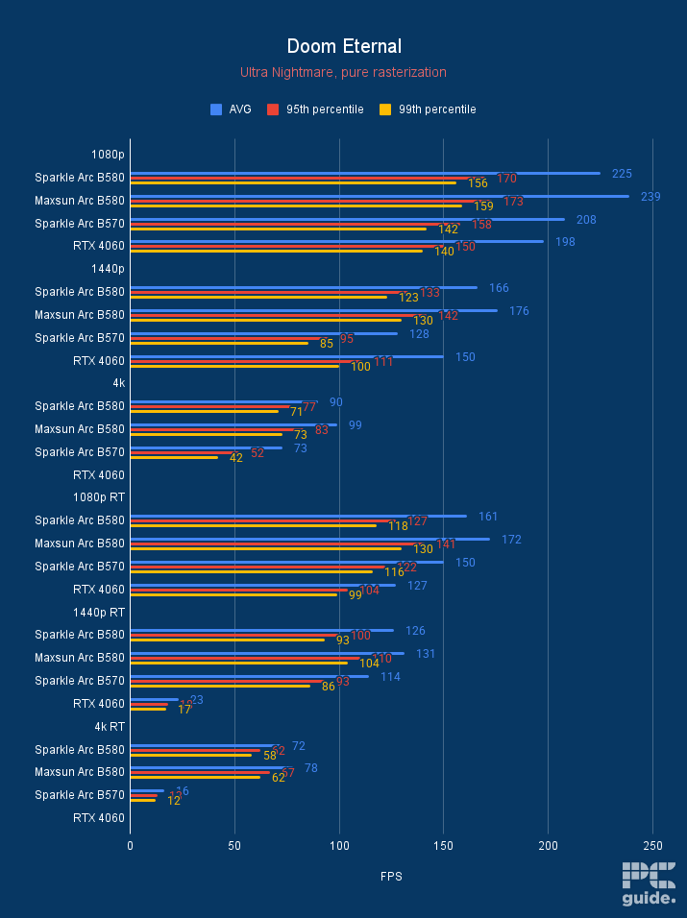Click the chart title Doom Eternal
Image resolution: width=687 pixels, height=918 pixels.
point(343,46)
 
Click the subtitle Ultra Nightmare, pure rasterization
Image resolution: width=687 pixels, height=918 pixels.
point(343,72)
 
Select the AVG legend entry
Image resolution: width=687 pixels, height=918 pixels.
point(231,109)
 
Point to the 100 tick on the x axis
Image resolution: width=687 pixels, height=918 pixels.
point(339,846)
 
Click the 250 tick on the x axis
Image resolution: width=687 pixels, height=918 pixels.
point(652,846)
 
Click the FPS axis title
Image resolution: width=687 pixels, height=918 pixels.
point(391,876)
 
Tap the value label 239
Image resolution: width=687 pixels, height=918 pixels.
point(650,196)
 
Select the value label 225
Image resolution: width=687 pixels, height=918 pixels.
point(622,174)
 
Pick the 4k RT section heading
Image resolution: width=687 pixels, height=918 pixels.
point(108,727)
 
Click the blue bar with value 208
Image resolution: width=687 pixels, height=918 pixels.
point(346,219)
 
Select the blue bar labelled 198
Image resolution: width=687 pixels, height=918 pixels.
point(336,242)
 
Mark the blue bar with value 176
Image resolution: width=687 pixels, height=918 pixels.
point(313,310)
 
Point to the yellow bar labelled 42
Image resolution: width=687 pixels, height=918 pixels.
point(174,457)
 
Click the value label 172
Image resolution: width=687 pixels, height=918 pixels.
point(511,540)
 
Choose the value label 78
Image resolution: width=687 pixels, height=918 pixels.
point(311,768)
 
